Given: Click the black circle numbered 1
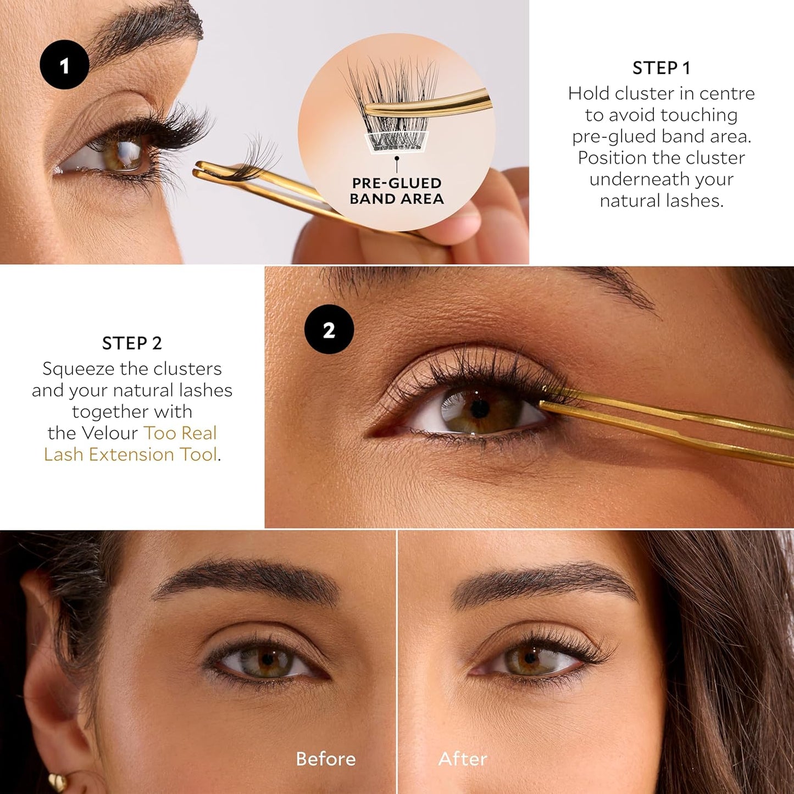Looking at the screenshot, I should pyautogui.click(x=64, y=65).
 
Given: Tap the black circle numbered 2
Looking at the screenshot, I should pyautogui.click(x=329, y=329).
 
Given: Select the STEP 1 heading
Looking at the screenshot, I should pyautogui.click(x=661, y=68).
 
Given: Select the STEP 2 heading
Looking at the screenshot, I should pyautogui.click(x=132, y=343).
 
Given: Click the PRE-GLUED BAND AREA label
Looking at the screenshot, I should pyautogui.click(x=397, y=191).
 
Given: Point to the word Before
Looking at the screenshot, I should pyautogui.click(x=325, y=759).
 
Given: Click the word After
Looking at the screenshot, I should pyautogui.click(x=463, y=759).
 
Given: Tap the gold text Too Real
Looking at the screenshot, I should pyautogui.click(x=180, y=433).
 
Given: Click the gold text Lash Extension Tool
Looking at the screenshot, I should pyautogui.click(x=131, y=454).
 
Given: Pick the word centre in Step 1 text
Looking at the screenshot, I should pyautogui.click(x=727, y=93).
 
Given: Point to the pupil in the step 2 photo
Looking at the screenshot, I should pyautogui.click(x=480, y=408).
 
